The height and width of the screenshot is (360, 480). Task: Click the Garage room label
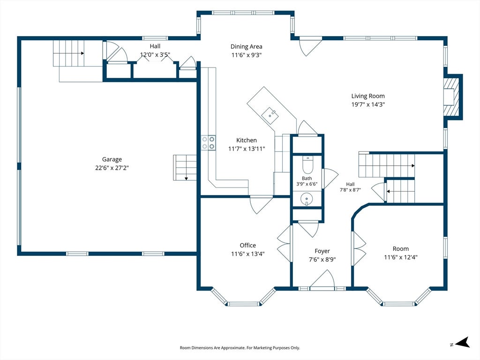[x=112, y=159]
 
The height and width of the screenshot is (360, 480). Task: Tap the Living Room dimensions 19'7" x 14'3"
[x=368, y=105]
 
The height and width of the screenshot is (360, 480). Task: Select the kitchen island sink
[x=270, y=115]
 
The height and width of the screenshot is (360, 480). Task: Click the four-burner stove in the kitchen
[x=208, y=142]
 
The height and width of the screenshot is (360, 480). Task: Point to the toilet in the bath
[x=307, y=165]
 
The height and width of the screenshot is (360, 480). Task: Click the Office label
[x=247, y=245]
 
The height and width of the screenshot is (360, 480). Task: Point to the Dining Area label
[x=247, y=46]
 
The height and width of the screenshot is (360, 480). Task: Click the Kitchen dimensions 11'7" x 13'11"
[x=247, y=149]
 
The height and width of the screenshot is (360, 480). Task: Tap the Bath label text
[x=307, y=178]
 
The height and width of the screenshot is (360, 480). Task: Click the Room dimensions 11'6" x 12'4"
[x=401, y=257]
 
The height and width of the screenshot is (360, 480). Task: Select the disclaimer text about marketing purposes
[x=240, y=348]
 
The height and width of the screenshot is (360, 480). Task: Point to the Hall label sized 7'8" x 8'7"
[x=350, y=187]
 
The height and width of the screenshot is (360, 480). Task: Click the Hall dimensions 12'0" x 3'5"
[x=155, y=55]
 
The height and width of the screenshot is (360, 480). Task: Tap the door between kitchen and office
[x=261, y=204]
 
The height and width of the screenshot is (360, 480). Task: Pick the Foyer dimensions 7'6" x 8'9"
[x=322, y=260]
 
